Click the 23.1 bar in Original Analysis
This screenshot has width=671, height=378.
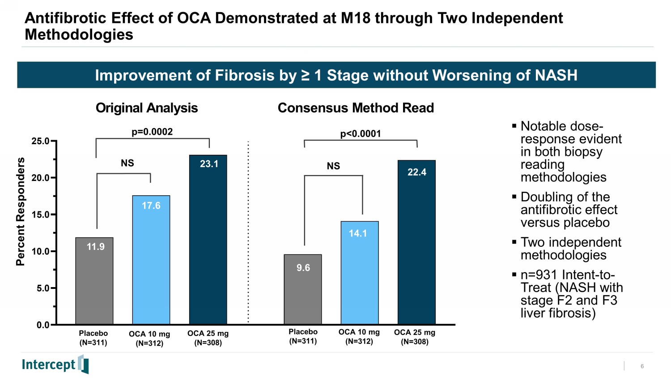208,240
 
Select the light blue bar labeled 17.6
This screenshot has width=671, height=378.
151,260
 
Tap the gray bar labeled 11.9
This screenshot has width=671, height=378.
94,281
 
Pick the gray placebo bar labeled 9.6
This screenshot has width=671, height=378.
303,289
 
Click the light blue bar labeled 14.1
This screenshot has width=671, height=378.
360,273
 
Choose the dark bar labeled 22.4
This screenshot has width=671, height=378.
416,242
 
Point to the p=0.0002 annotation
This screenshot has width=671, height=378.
152,132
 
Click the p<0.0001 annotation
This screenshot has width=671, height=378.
361,133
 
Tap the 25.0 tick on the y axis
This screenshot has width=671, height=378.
41,141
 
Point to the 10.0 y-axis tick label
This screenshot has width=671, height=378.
41,251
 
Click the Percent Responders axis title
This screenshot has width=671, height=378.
21,211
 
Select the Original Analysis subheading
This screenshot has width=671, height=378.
147,108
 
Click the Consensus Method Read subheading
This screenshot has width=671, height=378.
356,108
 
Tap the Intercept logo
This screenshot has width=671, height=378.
55,364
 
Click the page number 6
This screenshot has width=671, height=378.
642,366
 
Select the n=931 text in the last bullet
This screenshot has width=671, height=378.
539,275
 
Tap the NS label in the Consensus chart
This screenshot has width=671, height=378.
333,166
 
